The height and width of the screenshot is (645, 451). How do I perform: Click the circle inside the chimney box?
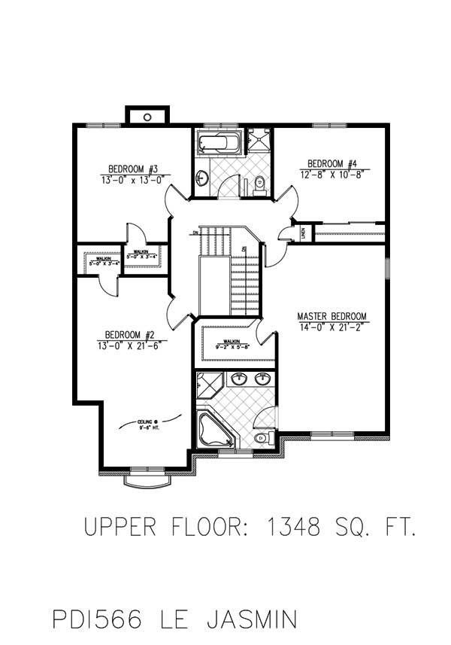pos(148,117)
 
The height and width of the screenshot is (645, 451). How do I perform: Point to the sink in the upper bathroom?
pos(201,178)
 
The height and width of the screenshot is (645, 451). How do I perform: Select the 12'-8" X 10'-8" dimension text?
pos(331,175)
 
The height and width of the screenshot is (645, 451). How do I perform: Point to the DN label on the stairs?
pos(195,233)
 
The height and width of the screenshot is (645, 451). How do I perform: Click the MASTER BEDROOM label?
pos(331,316)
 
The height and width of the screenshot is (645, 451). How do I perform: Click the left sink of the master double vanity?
pos(240,378)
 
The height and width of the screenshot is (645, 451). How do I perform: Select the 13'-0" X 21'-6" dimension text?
pos(132,345)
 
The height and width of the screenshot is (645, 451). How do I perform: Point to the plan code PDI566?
pos(101,619)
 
